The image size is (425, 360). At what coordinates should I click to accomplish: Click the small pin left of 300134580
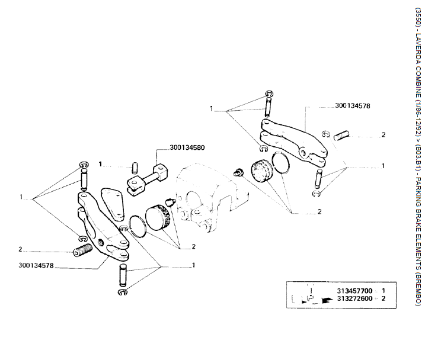click(x=134, y=165)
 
